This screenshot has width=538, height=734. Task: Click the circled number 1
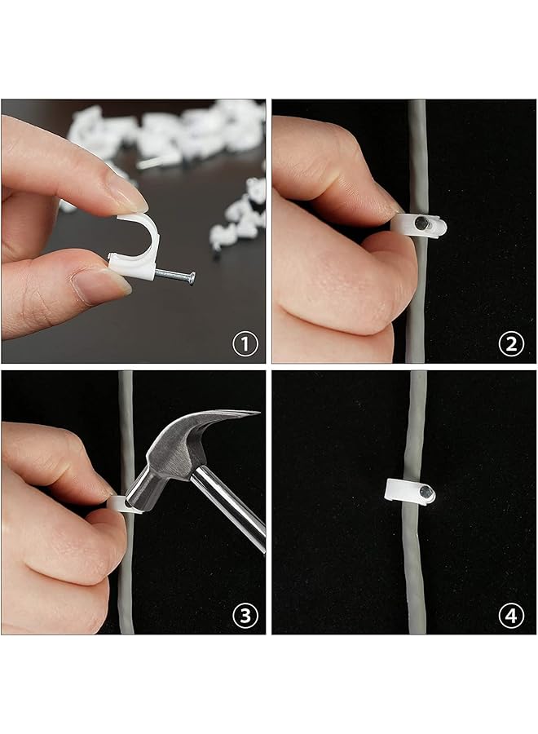245,345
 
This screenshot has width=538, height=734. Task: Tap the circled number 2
510,345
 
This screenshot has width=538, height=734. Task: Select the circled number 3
245,616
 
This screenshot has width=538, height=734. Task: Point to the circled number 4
510,616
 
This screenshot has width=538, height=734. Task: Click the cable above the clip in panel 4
418,424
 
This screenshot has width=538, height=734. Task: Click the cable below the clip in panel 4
416,571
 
